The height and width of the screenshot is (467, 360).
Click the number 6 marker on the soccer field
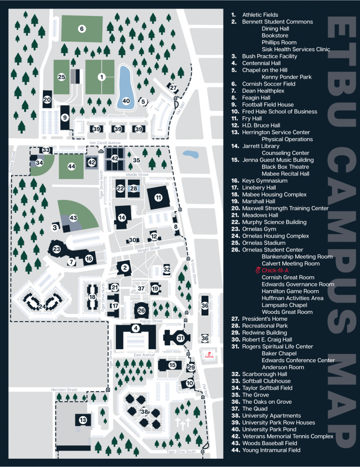point(82,29)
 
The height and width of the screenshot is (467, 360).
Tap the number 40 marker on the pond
point(126,101)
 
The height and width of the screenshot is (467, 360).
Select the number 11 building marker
point(158,197)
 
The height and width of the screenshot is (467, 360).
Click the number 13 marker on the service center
point(83,420)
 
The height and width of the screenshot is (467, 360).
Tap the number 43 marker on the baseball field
point(73,218)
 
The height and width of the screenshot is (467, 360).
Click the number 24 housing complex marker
point(42,307)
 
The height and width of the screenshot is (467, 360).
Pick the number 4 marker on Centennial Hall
point(136,328)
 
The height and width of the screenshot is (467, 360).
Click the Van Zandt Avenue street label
point(105,143)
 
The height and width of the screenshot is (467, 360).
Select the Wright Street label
point(148,249)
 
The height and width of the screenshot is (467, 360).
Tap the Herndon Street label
point(65,389)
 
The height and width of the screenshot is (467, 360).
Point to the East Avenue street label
point(144,355)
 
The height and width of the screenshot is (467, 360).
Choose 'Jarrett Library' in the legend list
point(261,146)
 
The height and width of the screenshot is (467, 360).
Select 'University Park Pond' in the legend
point(269,429)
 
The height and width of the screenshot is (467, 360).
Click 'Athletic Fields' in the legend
point(261,14)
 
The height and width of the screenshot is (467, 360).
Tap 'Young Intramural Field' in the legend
point(271,450)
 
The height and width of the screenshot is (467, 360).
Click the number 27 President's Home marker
point(174,88)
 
